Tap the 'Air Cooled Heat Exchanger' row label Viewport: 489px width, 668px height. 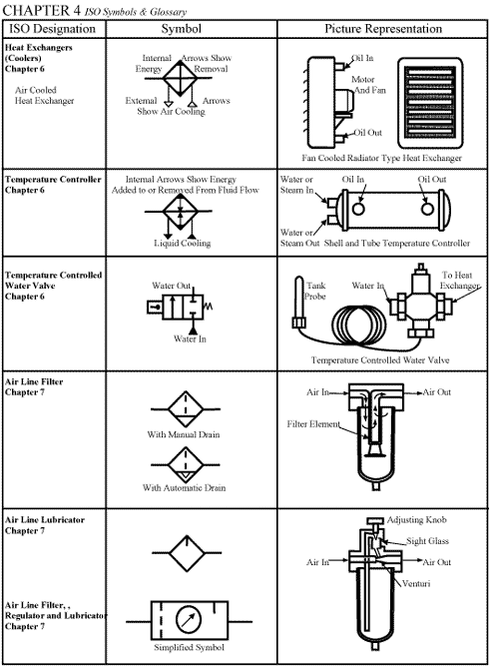44,95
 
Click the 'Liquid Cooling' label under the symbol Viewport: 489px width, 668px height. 181,243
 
